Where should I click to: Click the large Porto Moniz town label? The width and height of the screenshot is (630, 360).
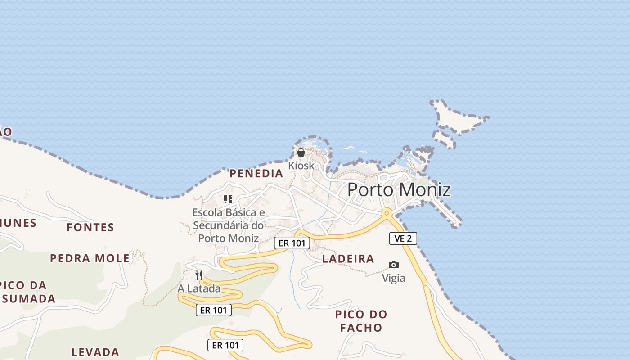coord(399,189)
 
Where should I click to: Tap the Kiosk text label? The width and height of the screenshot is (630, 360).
coord(301,166)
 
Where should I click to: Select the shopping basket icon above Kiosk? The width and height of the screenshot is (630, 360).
coord(301,153)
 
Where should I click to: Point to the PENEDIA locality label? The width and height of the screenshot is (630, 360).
coord(256,174)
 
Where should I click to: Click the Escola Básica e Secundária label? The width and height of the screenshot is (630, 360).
coord(229,225)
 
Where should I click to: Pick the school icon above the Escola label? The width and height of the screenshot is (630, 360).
coord(228,199)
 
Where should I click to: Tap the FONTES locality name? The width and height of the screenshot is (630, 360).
coord(90,227)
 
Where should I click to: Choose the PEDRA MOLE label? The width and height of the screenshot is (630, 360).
coord(90,258)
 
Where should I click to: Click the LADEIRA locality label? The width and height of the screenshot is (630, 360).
coord(348,259)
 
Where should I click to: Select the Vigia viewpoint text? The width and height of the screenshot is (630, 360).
coord(394,278)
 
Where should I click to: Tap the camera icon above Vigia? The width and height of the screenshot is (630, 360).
coord(394,265)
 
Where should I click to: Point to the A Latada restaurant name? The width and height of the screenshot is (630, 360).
coord(199,288)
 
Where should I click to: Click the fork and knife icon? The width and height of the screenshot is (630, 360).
coord(199,275)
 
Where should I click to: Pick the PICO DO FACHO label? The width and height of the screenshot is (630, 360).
coord(361,321)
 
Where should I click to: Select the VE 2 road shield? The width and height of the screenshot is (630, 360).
coord(403,238)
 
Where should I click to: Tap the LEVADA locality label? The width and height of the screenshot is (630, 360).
coord(95,352)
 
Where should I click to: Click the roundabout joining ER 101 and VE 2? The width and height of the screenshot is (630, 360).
coord(386,212)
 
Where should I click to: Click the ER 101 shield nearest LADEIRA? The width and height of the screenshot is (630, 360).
coord(292,243)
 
